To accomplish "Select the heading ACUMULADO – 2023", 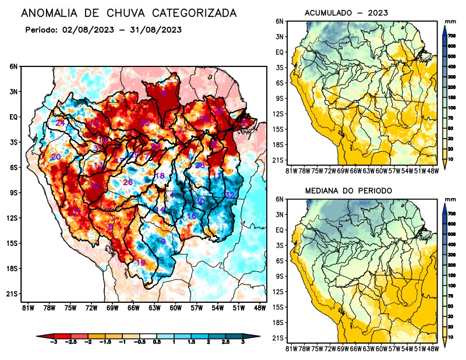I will tap(347, 13).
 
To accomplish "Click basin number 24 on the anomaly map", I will tap(60, 123).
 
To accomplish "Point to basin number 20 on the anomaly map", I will tap(56, 157).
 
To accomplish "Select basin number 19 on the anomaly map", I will tap(140, 263).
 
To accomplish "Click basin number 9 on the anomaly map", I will tap(164, 241).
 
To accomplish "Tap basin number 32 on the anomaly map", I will tap(230, 195).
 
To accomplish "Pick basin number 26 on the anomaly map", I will tap(128, 183).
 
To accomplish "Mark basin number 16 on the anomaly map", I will tap(191, 216).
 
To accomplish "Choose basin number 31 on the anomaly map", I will tap(77, 211).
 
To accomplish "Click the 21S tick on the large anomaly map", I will tap(13, 294).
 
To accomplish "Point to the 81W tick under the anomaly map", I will tap(27, 307).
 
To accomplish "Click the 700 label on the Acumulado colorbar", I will tap(451, 36).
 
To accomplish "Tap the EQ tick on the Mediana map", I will tap(279, 230).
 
